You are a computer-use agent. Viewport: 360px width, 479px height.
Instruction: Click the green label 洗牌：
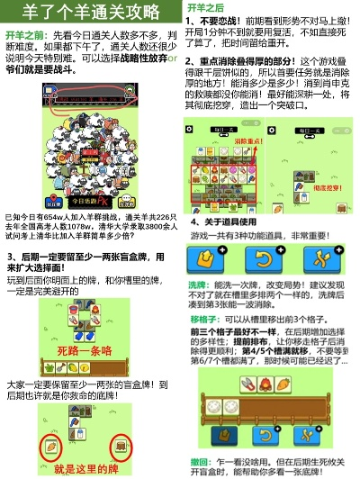pos(200,284)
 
